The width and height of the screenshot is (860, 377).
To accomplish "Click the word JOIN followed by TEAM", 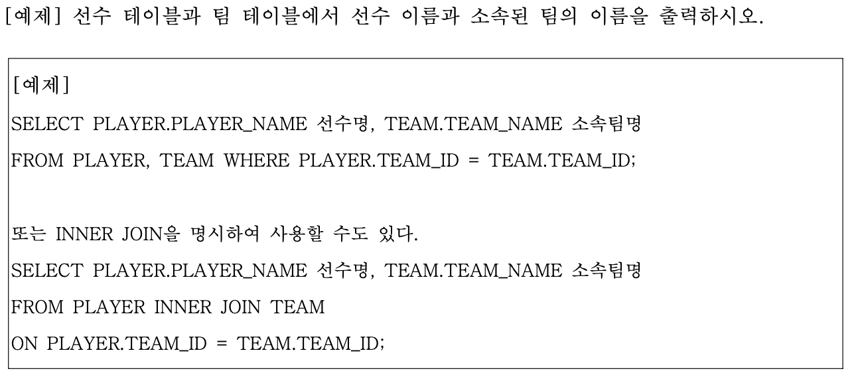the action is coord(239,307).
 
